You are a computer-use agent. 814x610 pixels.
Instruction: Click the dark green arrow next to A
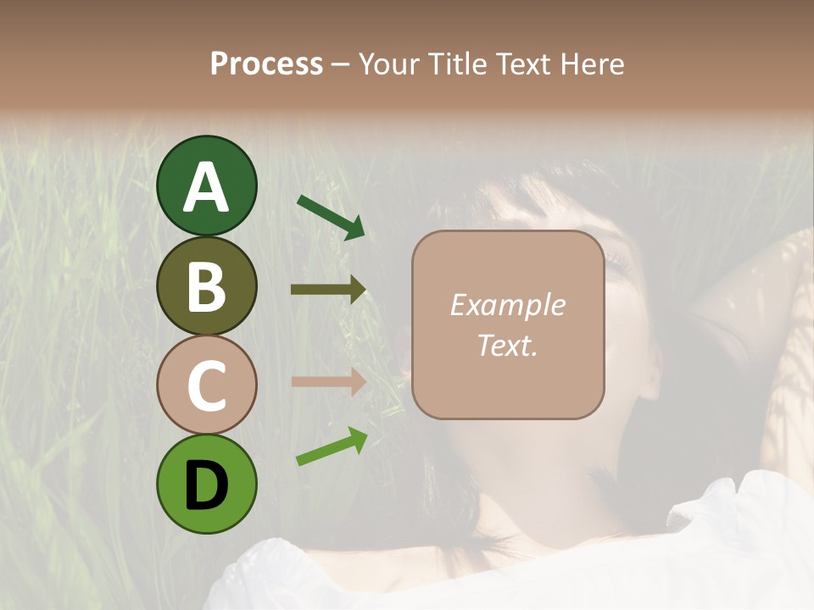tap(331, 217)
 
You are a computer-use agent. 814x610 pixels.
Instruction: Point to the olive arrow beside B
tap(328, 290)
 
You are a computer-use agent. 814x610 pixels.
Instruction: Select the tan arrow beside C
tap(328, 382)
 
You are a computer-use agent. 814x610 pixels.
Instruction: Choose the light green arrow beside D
tap(332, 446)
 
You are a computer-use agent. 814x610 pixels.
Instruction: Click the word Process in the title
tap(266, 64)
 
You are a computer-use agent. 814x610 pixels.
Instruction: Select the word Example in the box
tap(507, 305)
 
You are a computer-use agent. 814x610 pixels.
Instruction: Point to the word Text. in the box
tap(507, 346)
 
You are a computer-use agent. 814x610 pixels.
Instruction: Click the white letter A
tap(206, 188)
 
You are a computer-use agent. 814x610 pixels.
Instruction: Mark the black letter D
tap(206, 485)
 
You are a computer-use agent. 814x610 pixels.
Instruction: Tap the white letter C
tap(206, 386)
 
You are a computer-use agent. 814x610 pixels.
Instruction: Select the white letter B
tap(206, 286)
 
